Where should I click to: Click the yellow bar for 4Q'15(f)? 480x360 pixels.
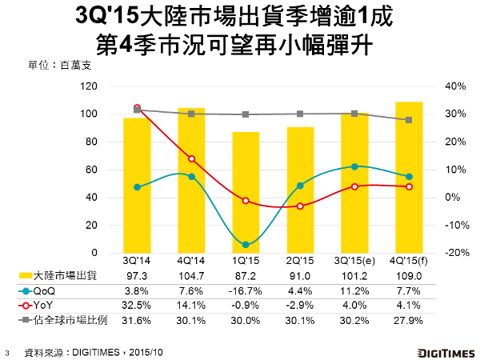coord(409,176)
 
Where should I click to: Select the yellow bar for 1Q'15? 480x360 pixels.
coord(246,192)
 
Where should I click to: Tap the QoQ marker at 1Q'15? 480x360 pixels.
coord(246,244)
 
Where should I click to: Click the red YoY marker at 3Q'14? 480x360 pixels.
coord(137,107)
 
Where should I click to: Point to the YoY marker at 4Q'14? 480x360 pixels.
coord(191,158)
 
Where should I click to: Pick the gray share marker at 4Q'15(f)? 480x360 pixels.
coord(409,120)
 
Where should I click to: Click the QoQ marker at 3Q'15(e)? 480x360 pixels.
coord(354,166)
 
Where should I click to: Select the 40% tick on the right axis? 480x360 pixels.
coord(434,86)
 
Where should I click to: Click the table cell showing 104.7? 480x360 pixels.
coord(191,276)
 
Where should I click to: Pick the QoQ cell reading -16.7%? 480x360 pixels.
coord(246,291)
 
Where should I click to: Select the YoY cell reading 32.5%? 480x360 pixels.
coord(137,306)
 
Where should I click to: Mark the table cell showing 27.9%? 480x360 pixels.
coord(409,321)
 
